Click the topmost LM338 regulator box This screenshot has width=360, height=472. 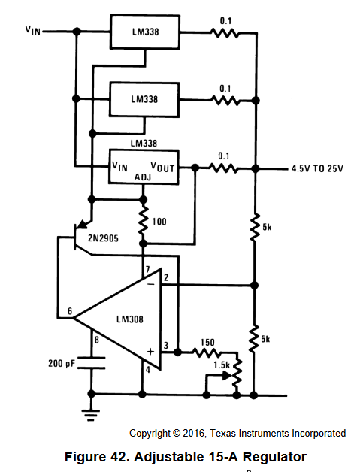coord(145,32)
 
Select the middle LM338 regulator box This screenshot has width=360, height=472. coord(144,99)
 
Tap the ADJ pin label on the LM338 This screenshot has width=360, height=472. coord(143,177)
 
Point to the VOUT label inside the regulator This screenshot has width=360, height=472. coord(162,167)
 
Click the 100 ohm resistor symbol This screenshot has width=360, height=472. coord(144,222)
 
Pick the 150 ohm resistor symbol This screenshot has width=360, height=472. coord(207,352)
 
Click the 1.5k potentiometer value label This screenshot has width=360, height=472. coord(222,365)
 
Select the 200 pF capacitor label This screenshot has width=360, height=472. coord(61,363)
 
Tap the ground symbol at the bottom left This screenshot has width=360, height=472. coord(91,414)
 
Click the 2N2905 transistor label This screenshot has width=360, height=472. coord(103,238)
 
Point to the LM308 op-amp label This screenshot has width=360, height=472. coord(130,319)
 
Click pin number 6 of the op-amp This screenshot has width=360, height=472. coord(70,311)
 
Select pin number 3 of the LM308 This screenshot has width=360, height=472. coord(166,345)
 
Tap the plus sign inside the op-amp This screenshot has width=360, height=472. coord(150,352)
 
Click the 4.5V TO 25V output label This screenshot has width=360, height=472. coord(317,168)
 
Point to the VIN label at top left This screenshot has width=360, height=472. coord(33,30)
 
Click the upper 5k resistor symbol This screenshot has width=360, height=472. coord(255,227)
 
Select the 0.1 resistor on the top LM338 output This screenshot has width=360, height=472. coord(225,32)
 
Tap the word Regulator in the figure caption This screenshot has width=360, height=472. coord(274,457)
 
